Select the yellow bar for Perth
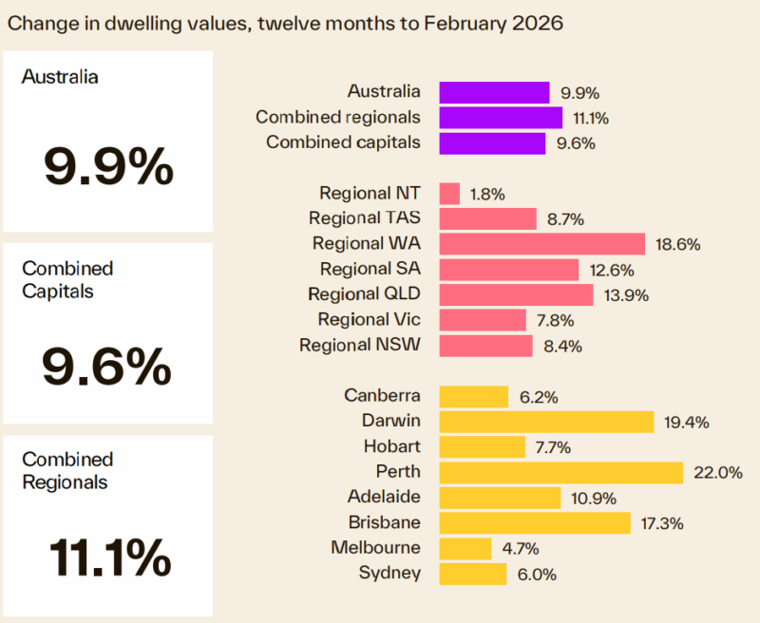coord(560,472)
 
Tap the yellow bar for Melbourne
coord(465,548)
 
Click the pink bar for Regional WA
coord(541,244)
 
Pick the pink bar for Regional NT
coord(449,194)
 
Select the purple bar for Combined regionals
coord(501,118)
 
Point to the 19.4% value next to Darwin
coord(686,422)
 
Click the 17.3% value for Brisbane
coord(662,523)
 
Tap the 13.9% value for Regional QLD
coord(625,295)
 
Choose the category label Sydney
coord(389,573)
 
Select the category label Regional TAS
coord(365,218)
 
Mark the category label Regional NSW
coord(360,345)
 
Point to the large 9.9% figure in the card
coord(108,167)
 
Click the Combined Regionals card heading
coord(67,470)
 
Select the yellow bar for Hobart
coord(482,446)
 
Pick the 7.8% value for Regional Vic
coord(558,321)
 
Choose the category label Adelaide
coord(384,497)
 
